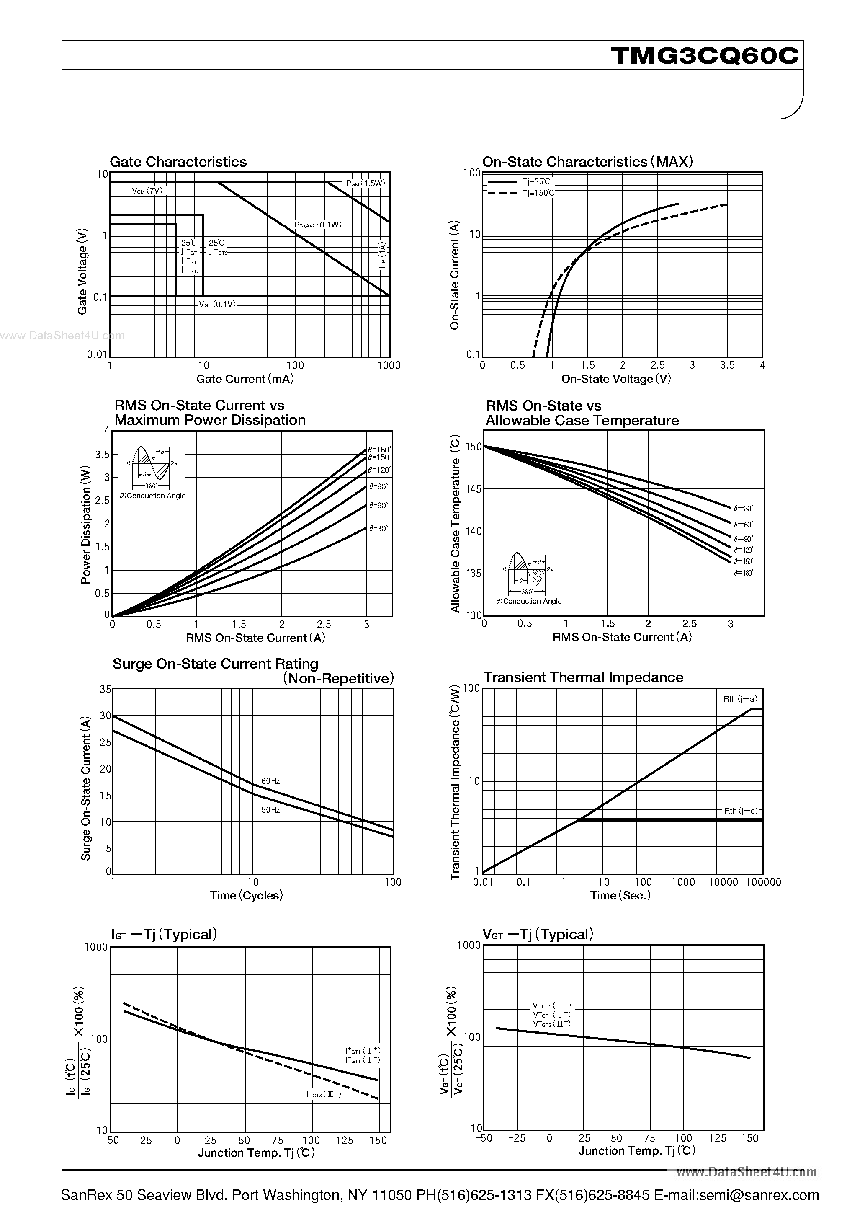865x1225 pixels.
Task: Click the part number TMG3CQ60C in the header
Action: (705, 55)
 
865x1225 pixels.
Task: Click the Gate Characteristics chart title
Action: (178, 162)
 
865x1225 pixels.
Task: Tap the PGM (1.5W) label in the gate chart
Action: (366, 183)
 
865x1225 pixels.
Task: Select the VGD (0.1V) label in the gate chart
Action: (217, 304)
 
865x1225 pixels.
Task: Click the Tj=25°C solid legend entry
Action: (535, 181)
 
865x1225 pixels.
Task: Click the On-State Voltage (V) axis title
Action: (616, 379)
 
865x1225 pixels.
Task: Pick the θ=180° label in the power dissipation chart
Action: (379, 450)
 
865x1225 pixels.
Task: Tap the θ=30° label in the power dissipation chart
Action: (378, 528)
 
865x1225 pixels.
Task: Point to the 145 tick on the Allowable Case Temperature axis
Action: (473, 489)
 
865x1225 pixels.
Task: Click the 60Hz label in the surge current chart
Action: (270, 781)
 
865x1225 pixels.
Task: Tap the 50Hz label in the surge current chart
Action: (270, 810)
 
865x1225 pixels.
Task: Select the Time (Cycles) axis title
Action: (246, 896)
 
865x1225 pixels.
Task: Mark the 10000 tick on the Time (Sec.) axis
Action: (723, 882)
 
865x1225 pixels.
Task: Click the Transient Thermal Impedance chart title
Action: (583, 677)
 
